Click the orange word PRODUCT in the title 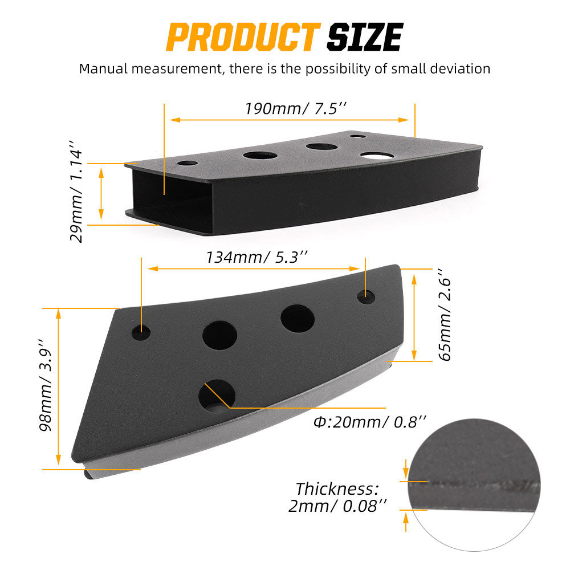(243, 36)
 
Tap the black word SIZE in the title (365, 36)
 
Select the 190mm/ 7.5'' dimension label (295, 108)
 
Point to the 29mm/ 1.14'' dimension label (76, 192)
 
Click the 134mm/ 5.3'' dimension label (256, 257)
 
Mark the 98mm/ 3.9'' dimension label (46, 385)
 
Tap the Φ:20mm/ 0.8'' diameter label (369, 422)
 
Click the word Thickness (337, 489)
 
